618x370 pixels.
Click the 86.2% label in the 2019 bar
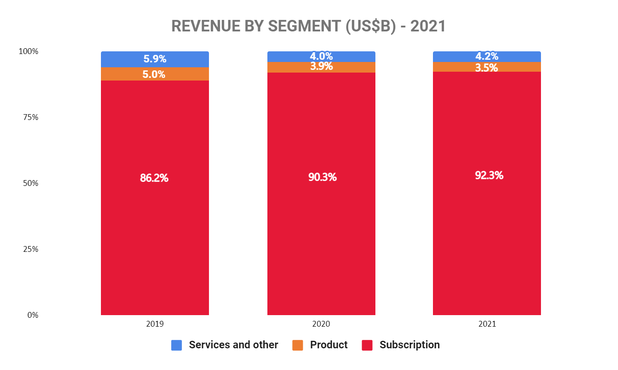pos(154,178)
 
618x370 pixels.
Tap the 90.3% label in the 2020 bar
pos(322,177)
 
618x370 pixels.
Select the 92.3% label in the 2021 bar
pos(489,175)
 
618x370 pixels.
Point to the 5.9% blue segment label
pos(154,59)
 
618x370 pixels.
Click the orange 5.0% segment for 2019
pos(154,74)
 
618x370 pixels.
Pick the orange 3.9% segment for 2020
pos(321,67)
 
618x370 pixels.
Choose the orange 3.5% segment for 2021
pos(487,67)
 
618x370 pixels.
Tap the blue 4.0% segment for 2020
pos(321,57)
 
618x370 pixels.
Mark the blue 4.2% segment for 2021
pos(487,57)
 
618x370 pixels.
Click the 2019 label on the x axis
pos(154,324)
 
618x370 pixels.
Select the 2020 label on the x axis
pos(321,324)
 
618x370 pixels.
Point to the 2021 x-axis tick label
pos(487,324)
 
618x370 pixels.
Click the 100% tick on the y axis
pos(28,51)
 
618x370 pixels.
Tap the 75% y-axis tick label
pos(30,117)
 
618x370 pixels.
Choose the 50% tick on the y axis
pos(30,183)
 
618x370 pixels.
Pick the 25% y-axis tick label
pos(30,249)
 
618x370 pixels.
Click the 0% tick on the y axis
pos(32,315)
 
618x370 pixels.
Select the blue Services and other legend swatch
pos(177,345)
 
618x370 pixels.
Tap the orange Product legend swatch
pos(298,345)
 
